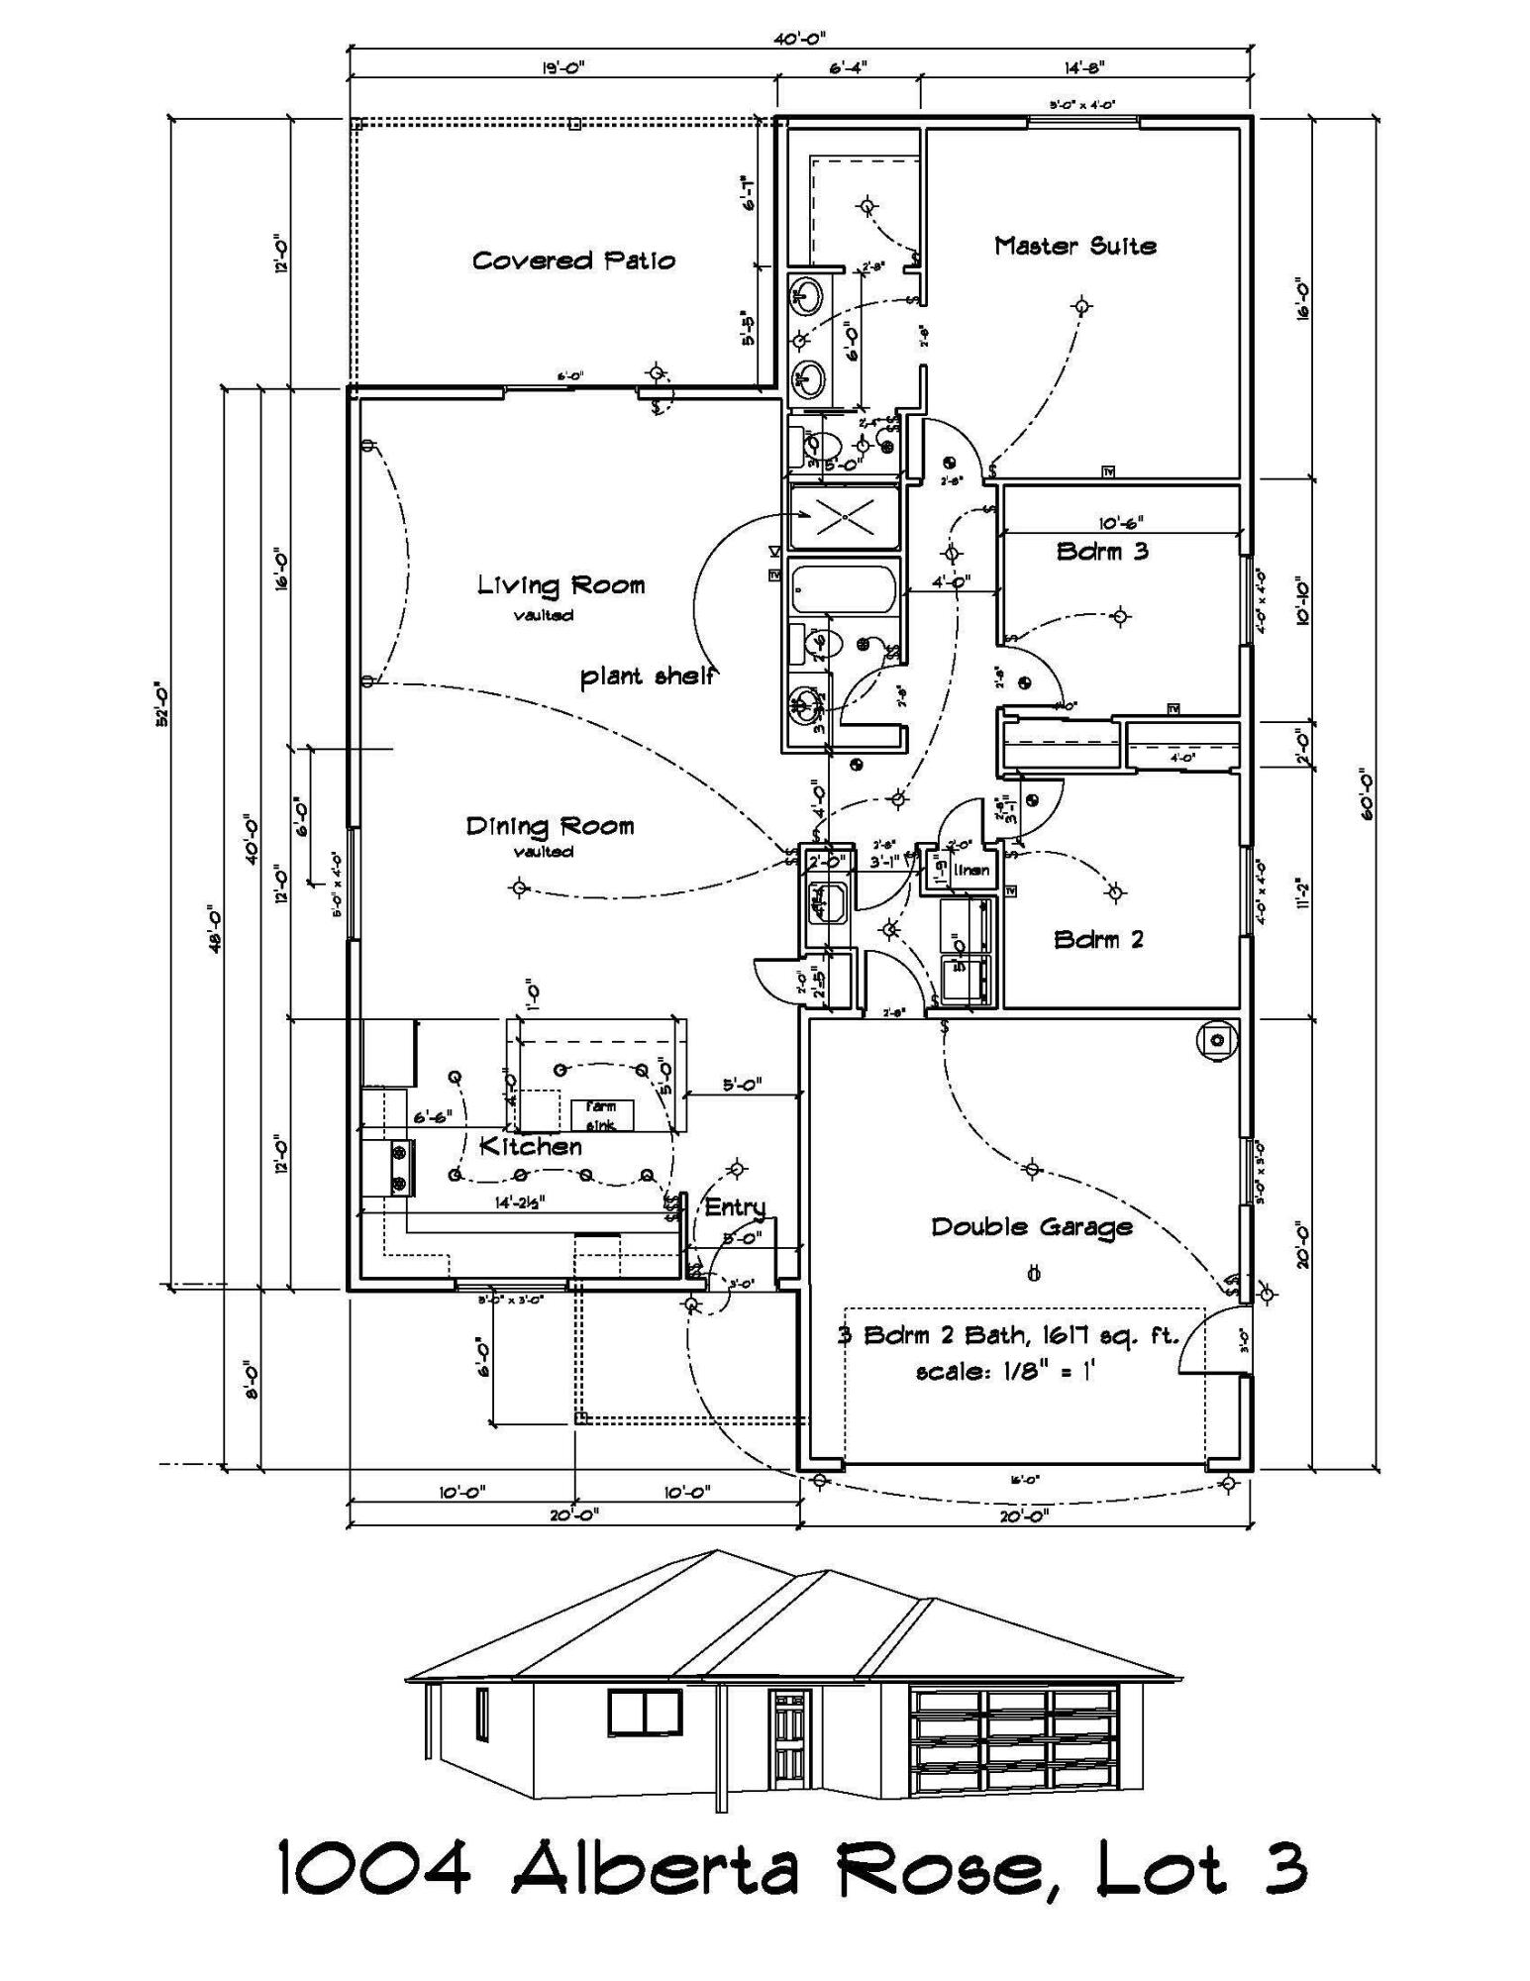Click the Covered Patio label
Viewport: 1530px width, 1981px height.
pos(573,261)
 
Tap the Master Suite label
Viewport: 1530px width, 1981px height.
pos(1074,246)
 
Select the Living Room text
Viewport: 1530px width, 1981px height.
pos(561,585)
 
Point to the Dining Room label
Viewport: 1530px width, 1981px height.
pos(550,826)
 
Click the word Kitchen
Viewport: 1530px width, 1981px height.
pos(531,1146)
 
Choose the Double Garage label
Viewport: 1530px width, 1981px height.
pos(1031,1227)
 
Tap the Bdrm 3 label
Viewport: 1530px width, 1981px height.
pos(1101,552)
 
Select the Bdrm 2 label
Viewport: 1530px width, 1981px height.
pos(1098,939)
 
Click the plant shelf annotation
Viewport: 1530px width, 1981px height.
pos(648,677)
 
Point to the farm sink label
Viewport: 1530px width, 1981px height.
pos(600,1115)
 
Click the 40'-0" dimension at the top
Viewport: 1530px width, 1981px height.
pos(800,39)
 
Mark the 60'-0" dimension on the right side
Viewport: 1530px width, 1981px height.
pos(1366,793)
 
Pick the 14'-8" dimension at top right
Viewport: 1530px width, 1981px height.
pos(1084,68)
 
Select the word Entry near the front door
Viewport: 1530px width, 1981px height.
pos(735,1206)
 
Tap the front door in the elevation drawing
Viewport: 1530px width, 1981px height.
pos(789,1737)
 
